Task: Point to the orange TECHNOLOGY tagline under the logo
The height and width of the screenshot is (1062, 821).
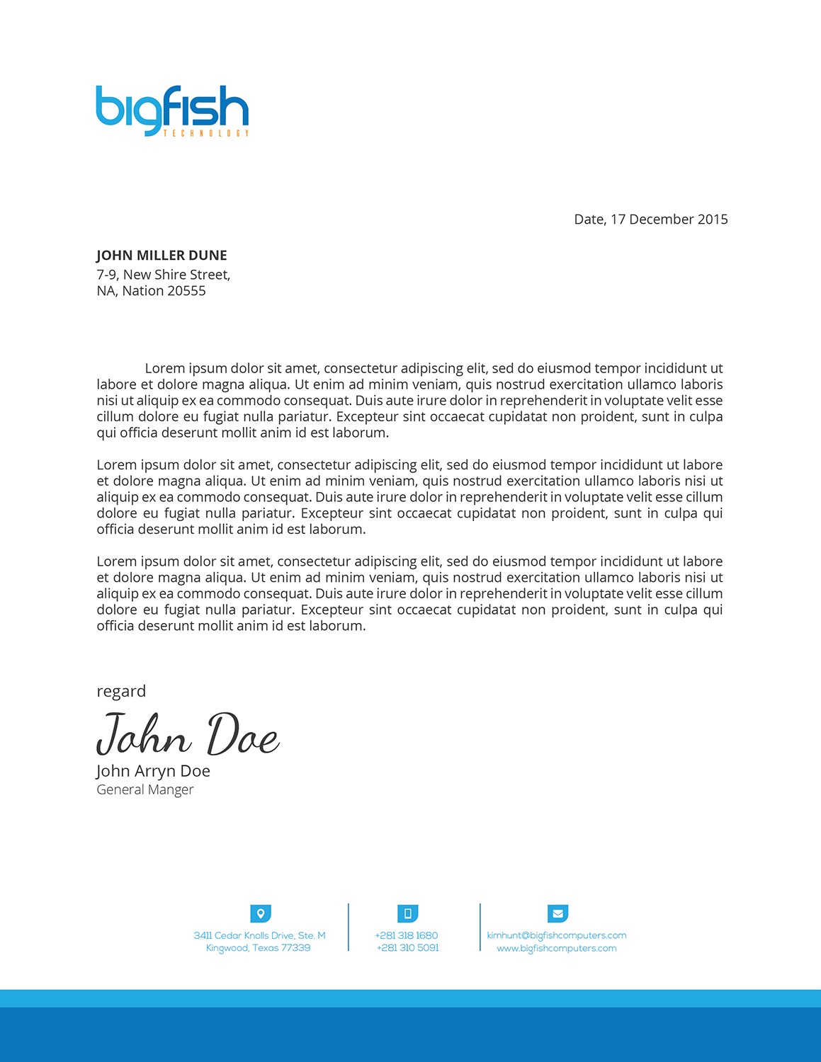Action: click(x=206, y=133)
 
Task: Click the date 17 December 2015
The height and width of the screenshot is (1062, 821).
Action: click(x=669, y=219)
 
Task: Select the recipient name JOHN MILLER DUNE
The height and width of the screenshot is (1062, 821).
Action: click(x=162, y=256)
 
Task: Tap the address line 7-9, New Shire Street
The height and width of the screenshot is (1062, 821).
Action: click(x=163, y=275)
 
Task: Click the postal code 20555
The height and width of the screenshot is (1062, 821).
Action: click(x=186, y=291)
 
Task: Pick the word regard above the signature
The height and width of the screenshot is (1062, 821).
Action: click(x=121, y=691)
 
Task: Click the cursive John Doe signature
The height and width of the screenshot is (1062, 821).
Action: click(x=188, y=735)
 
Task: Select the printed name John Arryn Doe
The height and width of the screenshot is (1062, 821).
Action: click(x=153, y=771)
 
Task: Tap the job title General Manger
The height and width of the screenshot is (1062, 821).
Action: click(x=145, y=789)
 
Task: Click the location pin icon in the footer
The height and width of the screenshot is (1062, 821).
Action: click(x=261, y=913)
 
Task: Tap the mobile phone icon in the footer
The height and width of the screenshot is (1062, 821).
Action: click(x=407, y=913)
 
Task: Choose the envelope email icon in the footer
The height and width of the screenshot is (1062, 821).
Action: click(x=557, y=913)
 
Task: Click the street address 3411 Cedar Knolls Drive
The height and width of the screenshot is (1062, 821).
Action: click(x=259, y=935)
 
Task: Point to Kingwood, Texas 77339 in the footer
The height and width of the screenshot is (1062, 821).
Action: click(x=258, y=948)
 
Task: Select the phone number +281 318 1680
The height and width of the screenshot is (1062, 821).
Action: click(x=407, y=935)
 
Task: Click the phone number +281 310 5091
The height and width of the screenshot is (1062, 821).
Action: click(x=407, y=948)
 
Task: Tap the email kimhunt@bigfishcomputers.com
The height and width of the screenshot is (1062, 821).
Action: click(x=556, y=935)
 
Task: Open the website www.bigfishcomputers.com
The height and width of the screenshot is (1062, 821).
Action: click(x=556, y=948)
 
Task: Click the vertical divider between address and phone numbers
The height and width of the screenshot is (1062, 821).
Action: click(x=349, y=927)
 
